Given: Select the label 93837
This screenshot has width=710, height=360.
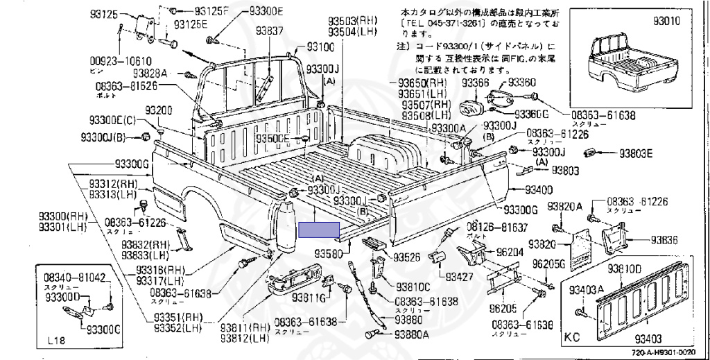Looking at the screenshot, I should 269,31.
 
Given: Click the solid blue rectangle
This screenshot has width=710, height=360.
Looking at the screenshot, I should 319,230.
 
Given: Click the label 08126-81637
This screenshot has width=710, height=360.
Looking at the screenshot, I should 496,228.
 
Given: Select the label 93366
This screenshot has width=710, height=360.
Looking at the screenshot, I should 476,83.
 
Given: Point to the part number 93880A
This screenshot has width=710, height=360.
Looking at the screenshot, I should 412,334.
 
